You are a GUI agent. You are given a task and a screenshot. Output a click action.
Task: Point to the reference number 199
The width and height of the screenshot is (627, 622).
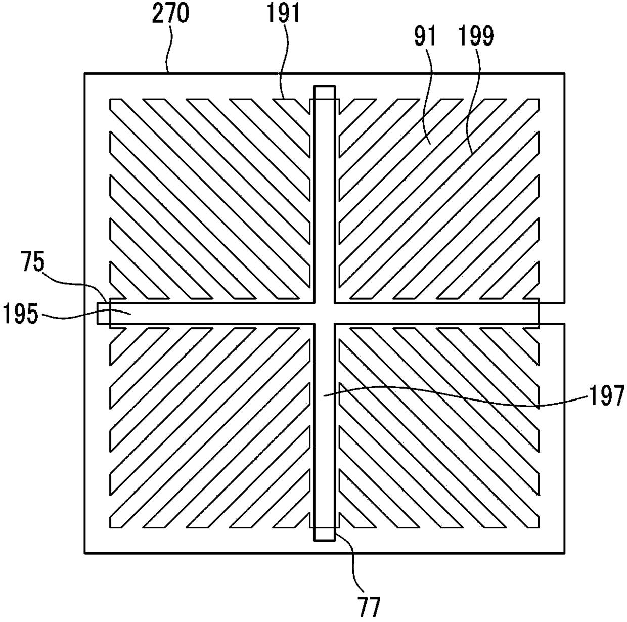coord(477,36)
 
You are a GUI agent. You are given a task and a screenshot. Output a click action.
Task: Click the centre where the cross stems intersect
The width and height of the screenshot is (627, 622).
coord(324,314)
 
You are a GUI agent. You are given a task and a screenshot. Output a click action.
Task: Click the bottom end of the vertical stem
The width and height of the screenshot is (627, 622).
coord(324,540)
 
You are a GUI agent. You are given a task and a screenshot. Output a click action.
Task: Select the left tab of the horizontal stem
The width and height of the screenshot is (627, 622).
coord(103,314)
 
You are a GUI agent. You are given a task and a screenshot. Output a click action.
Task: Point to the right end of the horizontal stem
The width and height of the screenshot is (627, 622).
coord(538,314)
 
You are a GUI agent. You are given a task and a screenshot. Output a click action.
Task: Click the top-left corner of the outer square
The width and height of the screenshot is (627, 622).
coord(84,74)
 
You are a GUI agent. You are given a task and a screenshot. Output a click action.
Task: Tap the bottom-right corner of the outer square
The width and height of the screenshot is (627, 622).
coord(564,552)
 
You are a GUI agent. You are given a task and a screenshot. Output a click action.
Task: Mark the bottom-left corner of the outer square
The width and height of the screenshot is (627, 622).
coord(84,552)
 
